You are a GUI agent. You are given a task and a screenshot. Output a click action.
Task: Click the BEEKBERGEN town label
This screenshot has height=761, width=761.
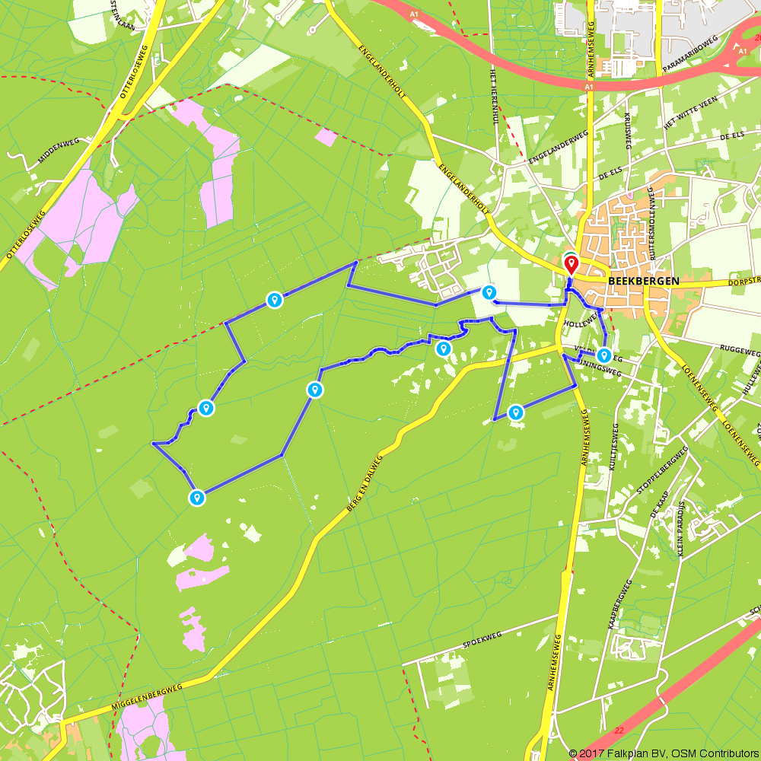644,280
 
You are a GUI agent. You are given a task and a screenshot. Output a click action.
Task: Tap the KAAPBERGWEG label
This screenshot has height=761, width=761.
620,605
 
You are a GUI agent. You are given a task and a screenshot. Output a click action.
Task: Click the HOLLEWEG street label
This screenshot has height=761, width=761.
580,323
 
